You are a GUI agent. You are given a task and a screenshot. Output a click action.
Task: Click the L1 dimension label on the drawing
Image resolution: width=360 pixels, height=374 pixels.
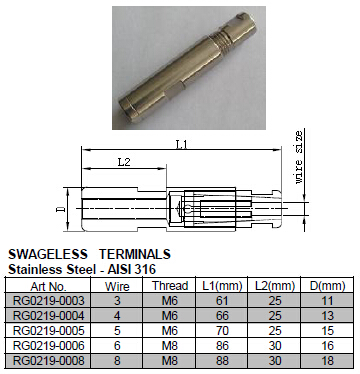(181, 145)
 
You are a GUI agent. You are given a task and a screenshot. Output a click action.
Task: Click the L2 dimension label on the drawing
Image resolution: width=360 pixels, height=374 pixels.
(124, 162)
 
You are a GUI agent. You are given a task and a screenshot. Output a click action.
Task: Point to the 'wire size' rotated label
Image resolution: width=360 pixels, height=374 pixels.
(299, 157)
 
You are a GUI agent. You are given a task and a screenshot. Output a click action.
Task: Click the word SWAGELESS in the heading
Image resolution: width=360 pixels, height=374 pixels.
(48, 254)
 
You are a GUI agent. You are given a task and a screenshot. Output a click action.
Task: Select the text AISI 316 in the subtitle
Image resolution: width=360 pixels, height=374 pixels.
(132, 269)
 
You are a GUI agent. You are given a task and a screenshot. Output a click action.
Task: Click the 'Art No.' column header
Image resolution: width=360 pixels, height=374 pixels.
(48, 286)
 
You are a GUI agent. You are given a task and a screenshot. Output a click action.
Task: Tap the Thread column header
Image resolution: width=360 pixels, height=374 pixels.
(170, 286)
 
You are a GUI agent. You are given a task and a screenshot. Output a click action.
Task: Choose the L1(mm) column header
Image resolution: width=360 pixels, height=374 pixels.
(222, 286)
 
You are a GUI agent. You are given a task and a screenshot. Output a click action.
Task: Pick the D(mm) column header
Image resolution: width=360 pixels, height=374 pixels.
(327, 286)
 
